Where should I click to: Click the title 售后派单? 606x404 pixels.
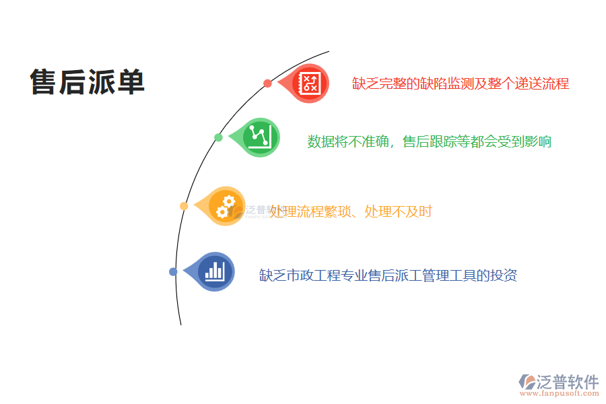pyautogui.click(x=88, y=83)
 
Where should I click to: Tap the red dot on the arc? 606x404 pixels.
pyautogui.click(x=267, y=83)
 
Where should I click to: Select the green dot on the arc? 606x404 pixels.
pyautogui.click(x=218, y=137)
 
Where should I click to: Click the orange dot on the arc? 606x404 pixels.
pyautogui.click(x=184, y=206)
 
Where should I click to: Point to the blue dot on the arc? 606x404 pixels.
pyautogui.click(x=173, y=272)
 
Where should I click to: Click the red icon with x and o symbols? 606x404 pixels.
pyautogui.click(x=310, y=83)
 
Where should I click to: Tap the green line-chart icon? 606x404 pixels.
pyautogui.click(x=260, y=137)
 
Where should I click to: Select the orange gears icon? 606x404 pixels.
pyautogui.click(x=226, y=205)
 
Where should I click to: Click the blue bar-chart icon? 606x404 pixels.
pyautogui.click(x=215, y=271)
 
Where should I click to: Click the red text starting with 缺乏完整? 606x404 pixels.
pyautogui.click(x=461, y=83)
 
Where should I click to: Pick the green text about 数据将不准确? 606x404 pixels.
pyautogui.click(x=429, y=141)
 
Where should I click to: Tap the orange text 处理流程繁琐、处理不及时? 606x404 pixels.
pyautogui.click(x=351, y=211)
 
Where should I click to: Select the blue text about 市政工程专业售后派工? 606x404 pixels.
pyautogui.click(x=388, y=275)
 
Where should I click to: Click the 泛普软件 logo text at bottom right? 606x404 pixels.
pyautogui.click(x=567, y=382)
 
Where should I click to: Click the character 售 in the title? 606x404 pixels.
pyautogui.click(x=44, y=83)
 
